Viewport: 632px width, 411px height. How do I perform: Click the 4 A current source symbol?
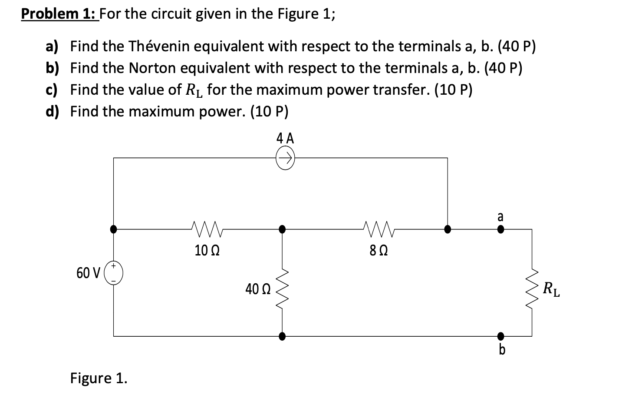pos(285,158)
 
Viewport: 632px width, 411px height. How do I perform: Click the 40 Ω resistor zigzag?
pos(283,287)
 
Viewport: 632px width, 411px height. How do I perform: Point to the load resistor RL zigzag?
pos(532,287)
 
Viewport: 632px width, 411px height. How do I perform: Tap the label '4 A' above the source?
pos(285,139)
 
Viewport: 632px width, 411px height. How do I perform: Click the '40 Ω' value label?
pos(258,289)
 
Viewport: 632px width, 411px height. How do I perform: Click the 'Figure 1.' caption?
pos(99,378)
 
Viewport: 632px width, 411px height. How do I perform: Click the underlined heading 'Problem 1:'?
pos(59,14)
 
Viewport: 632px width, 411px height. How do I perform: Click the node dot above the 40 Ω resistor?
pos(282,229)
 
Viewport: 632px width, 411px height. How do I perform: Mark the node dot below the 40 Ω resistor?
pos(282,336)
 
